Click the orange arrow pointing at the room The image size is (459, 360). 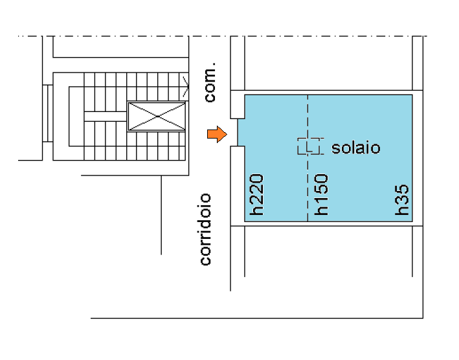[x=217, y=135]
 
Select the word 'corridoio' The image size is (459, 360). [x=206, y=229]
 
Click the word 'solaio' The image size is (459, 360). [x=355, y=148]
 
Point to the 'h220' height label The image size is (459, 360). [x=256, y=194]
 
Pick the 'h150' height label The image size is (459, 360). [x=321, y=194]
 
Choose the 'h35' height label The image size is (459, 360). [x=403, y=200]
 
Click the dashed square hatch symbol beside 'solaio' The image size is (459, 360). [x=310, y=146]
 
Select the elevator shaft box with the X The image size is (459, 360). [x=157, y=116]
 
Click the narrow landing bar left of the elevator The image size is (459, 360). [x=104, y=117]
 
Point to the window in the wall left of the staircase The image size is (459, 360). [x=47, y=113]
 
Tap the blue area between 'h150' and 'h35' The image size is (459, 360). [x=363, y=188]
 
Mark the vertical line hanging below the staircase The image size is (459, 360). [x=161, y=214]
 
